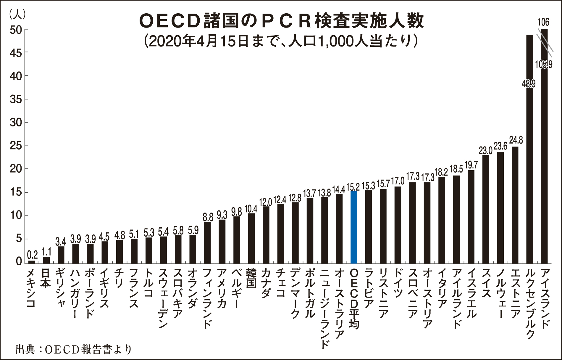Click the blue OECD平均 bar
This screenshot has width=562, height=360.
353,227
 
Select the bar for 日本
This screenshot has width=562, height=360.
46,260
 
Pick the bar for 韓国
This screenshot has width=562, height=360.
251,238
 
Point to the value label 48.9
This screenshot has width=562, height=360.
529,84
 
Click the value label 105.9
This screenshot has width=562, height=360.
544,65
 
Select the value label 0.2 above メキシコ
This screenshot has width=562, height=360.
32,255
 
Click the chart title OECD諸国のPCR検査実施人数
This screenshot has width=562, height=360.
281,22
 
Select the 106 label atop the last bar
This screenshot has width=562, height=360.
543,22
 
